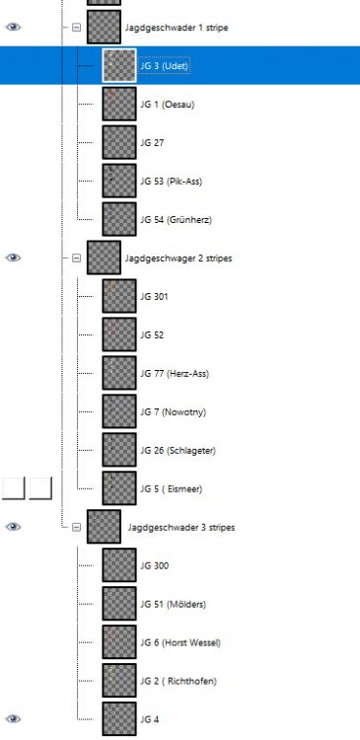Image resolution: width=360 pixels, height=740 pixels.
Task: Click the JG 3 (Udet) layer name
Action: (164, 66)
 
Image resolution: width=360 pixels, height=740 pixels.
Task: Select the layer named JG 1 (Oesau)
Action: (166, 105)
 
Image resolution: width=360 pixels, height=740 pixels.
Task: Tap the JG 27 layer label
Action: (152, 143)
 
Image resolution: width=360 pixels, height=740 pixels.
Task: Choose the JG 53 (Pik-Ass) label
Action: (172, 182)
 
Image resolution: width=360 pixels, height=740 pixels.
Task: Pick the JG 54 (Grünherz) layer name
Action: (176, 219)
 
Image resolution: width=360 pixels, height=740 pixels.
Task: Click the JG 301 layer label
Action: (155, 296)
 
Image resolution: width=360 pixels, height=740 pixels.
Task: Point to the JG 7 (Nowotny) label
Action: (172, 411)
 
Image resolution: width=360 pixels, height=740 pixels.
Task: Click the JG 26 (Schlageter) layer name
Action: (178, 450)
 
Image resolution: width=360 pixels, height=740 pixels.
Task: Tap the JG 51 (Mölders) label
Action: (174, 604)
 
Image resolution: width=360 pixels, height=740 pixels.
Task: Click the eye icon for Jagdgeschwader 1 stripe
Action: (14, 28)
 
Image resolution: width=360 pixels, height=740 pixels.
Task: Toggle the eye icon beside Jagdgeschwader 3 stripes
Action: (14, 527)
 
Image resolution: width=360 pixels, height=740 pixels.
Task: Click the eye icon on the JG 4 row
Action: (14, 719)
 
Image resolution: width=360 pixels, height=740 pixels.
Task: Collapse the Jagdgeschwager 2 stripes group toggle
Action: (77, 258)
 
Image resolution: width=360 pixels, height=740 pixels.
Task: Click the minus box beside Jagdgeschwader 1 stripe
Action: (77, 28)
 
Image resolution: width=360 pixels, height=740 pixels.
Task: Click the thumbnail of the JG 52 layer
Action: (119, 334)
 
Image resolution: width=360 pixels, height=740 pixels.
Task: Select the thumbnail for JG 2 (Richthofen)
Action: (119, 681)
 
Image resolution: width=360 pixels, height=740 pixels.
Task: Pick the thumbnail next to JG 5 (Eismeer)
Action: (119, 488)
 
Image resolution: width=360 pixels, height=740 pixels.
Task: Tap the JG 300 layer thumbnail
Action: (119, 565)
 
